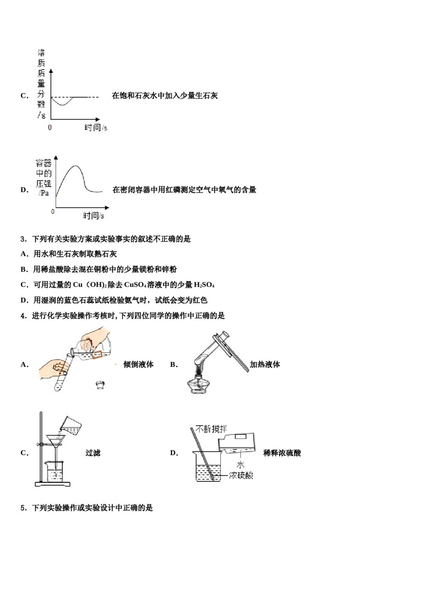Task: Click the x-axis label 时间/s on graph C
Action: (96, 128)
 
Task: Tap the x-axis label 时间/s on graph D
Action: (93, 216)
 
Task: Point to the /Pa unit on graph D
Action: (44, 193)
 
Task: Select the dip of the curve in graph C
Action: (63, 105)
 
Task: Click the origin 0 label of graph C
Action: (50, 128)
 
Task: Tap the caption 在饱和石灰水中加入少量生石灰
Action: (165, 96)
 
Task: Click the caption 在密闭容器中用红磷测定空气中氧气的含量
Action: (184, 190)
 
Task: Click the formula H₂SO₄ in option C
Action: (204, 285)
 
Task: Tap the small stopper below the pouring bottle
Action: (100, 385)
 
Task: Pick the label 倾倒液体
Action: (139, 364)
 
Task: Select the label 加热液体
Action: (265, 364)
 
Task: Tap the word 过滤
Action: (93, 453)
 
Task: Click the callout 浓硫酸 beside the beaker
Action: (241, 475)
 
